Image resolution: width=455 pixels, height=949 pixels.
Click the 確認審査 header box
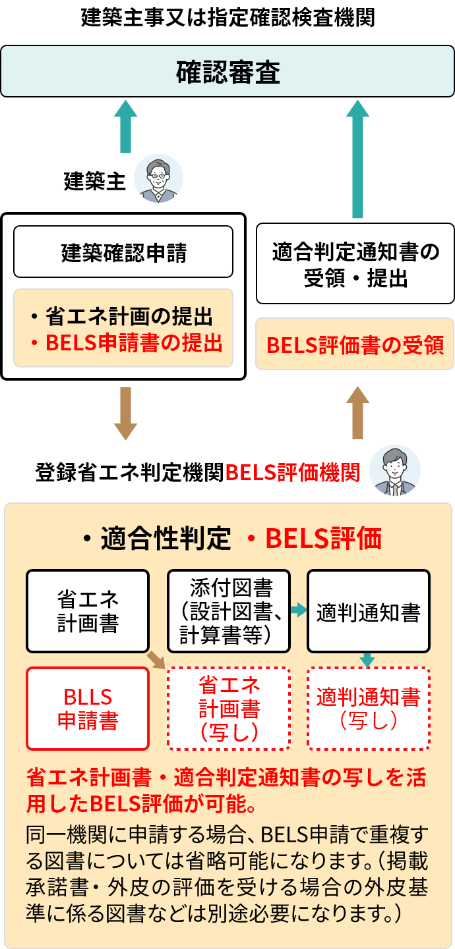click(x=228, y=72)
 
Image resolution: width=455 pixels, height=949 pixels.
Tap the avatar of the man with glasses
click(x=158, y=178)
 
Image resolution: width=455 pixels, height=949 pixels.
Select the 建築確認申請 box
click(x=123, y=252)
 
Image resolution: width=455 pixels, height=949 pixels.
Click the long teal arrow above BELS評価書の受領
click(x=357, y=159)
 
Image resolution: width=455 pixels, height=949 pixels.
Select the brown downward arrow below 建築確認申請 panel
click(x=125, y=414)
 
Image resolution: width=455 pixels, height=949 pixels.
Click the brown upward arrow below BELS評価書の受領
click(x=357, y=412)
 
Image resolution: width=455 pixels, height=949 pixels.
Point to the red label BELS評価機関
click(x=293, y=472)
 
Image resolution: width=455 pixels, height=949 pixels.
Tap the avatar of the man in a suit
click(x=394, y=470)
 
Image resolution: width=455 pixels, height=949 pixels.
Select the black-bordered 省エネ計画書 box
click(x=88, y=611)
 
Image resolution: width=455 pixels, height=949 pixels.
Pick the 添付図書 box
click(x=229, y=611)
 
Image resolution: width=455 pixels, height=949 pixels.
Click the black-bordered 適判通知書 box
click(x=368, y=611)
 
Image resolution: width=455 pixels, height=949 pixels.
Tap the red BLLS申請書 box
click(x=88, y=709)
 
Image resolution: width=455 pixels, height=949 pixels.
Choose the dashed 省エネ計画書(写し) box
click(x=229, y=709)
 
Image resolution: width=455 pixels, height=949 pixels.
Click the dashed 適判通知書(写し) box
click(x=368, y=709)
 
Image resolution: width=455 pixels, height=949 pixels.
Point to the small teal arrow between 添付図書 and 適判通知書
click(x=299, y=610)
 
